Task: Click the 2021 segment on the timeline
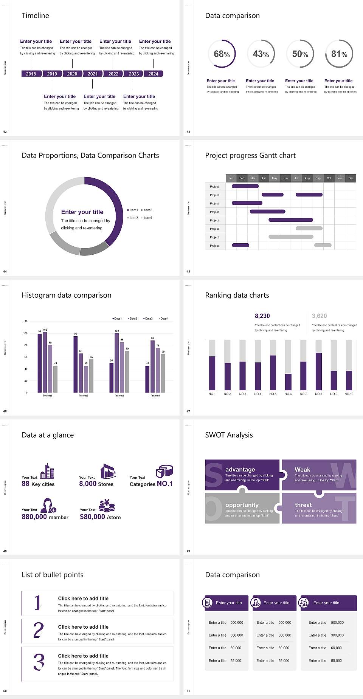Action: point(93,74)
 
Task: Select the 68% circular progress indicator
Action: point(222,54)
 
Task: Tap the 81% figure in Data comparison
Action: point(339,54)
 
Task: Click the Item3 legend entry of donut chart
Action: point(133,218)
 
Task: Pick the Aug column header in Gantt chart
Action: point(307,178)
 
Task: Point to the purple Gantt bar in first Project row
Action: point(245,186)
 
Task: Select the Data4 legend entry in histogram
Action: point(163,319)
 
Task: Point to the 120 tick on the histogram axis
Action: point(25,322)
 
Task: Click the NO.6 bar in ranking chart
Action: point(288,382)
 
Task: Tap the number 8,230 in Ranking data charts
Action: point(262,316)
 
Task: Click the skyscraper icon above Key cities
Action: point(47,471)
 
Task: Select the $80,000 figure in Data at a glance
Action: point(92,517)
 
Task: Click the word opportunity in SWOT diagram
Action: point(242,505)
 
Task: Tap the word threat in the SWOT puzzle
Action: point(303,505)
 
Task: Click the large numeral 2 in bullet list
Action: point(39,630)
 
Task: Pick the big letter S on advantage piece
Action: point(214,475)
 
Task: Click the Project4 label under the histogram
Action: point(155,396)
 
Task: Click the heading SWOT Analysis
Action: point(229,435)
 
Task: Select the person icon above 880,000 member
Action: point(48,505)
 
